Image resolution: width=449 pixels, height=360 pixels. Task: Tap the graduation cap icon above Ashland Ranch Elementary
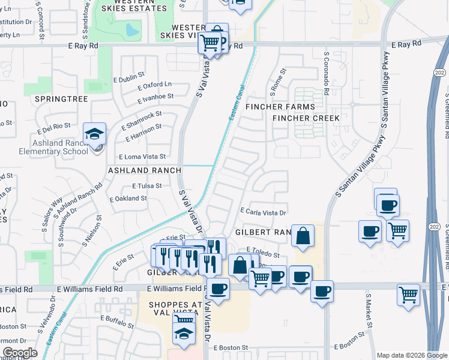coord(95,134)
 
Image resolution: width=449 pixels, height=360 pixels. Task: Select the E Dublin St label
coord(129,78)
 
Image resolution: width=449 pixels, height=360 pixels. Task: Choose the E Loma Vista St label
coord(142,157)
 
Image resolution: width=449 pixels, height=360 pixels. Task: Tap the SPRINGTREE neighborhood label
coord(61,98)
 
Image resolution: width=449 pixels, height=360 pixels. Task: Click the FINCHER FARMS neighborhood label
coord(280,107)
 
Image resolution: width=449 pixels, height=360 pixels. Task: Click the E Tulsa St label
coord(146,186)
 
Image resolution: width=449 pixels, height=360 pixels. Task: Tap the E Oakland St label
coord(128,198)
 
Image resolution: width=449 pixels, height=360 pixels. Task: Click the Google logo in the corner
coord(20,353)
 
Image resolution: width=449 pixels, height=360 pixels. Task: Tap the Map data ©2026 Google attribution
coord(412,355)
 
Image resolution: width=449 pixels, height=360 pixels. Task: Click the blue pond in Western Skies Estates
coord(132,29)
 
